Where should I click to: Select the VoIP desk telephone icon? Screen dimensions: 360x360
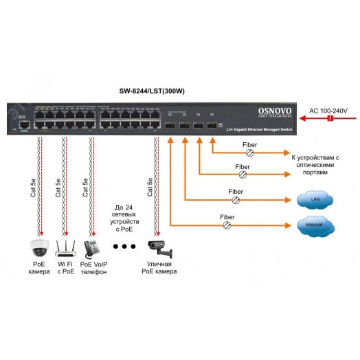[x=92, y=247]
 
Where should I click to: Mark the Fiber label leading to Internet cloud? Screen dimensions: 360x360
[x=227, y=216]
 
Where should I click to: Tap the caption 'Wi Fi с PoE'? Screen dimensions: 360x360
[x=66, y=268]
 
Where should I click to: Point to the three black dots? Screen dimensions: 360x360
[x=126, y=246]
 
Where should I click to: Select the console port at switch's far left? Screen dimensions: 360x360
[x=25, y=126]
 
